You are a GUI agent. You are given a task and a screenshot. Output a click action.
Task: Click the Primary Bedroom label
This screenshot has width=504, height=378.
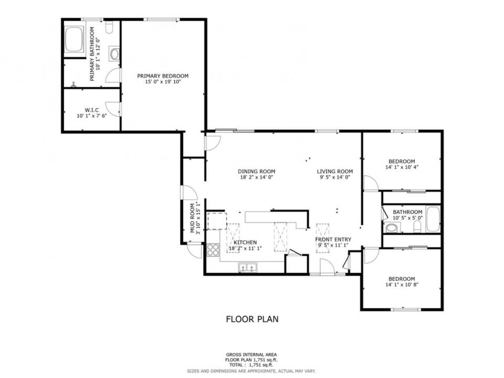pos(163,76)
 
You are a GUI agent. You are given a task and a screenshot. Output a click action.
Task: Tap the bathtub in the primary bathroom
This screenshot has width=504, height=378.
pos(74,39)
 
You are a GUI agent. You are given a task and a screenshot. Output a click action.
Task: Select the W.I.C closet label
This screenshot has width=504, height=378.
pos(91,110)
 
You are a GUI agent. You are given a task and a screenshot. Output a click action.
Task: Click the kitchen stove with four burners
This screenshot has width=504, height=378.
pos(213,249)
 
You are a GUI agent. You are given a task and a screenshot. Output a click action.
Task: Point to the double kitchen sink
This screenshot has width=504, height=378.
pos(247,267)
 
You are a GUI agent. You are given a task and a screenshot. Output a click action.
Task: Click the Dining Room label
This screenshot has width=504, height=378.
pos(257,172)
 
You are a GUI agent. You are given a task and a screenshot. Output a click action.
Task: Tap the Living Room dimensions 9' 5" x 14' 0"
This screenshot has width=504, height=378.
pos(335,177)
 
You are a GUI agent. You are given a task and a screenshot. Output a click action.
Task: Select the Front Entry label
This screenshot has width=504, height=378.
pos(333,239)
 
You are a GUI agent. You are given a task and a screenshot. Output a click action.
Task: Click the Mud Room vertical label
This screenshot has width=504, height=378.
pos(193,218)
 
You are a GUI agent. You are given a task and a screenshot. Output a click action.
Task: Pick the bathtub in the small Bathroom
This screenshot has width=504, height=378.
pos(433,219)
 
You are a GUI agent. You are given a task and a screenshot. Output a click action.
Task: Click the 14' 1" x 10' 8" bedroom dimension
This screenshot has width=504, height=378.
pos(402,285)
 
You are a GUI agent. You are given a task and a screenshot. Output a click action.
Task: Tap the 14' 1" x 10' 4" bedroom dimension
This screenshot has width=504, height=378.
pos(402,167)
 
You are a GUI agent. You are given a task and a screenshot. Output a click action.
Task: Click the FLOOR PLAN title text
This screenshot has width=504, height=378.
pos(253,319)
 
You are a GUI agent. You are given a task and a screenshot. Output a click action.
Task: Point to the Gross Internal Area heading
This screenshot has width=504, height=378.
pos(251,355)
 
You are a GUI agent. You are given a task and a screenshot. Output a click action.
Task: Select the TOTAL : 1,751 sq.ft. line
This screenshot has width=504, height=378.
pos(251,365)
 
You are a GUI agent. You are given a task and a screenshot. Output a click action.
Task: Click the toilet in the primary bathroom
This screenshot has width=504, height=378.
pos(109,27)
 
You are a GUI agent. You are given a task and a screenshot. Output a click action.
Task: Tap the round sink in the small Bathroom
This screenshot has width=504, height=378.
pos(392,228)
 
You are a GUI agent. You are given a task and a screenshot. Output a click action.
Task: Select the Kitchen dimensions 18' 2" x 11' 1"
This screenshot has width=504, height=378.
pos(245,248)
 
